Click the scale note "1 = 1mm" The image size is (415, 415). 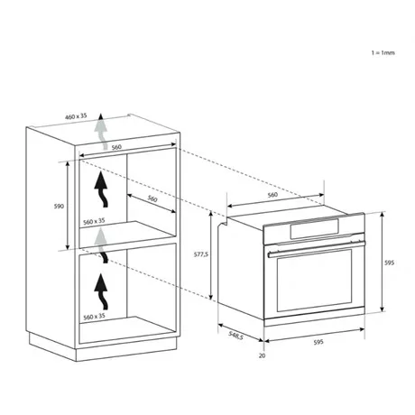[383, 53]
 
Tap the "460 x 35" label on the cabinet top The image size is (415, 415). [76, 116]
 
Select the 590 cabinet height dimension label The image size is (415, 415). [59, 207]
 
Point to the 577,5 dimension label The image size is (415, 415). [201, 254]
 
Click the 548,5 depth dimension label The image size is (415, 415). [235, 336]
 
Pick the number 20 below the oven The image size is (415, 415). [263, 355]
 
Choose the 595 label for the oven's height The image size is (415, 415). [389, 263]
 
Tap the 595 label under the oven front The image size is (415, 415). [318, 342]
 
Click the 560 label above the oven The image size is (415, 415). [272, 195]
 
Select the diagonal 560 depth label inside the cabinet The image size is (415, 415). [152, 198]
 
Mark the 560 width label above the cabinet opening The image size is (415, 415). [116, 147]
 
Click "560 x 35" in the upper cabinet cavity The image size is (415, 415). [94, 222]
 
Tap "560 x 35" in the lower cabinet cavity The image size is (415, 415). [94, 317]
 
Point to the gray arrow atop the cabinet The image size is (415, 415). [101, 132]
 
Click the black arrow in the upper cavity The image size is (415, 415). [101, 189]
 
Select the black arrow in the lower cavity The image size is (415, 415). [101, 291]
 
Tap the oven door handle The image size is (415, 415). [316, 248]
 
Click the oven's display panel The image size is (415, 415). [314, 229]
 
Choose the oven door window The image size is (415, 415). [314, 281]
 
